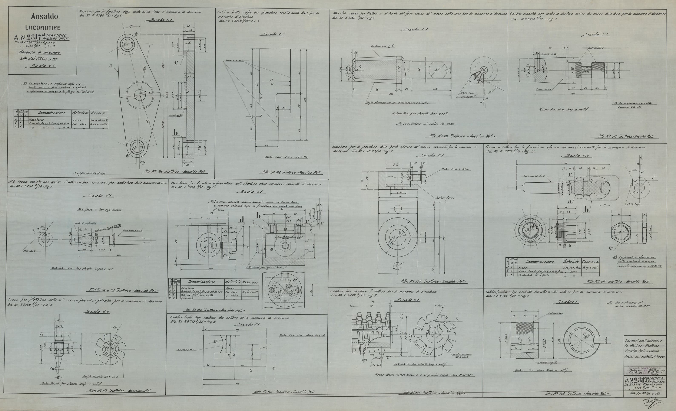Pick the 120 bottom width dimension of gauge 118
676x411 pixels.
point(234,384)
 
